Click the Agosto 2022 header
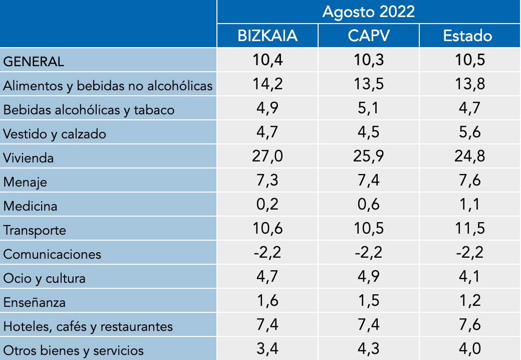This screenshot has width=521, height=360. (369, 12)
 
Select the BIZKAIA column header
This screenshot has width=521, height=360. (268, 36)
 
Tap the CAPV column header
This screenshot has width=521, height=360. (368, 36)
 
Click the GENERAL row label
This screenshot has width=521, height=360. (34, 62)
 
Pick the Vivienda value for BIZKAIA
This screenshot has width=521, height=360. (268, 156)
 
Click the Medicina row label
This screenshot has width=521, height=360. (30, 206)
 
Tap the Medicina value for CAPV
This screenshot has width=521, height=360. (368, 205)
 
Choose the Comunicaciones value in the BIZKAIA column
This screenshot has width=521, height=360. (268, 253)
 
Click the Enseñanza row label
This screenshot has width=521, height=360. (35, 302)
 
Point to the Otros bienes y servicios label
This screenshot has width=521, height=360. (74, 350)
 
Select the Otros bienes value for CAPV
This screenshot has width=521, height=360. (368, 349)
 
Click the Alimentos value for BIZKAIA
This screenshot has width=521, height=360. (268, 84)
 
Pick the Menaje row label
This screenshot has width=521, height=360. (25, 182)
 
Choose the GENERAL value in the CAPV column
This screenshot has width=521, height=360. (368, 60)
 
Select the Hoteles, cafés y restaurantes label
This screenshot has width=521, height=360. (88, 326)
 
